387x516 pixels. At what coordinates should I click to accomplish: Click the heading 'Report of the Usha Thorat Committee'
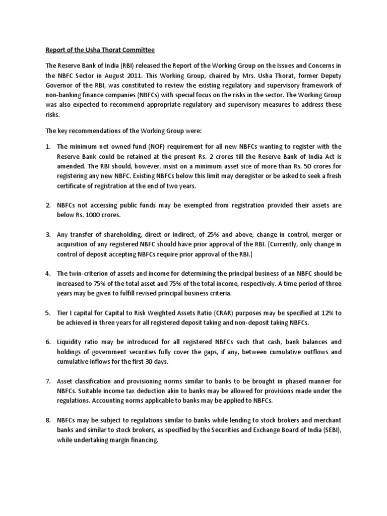pos(101,50)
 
